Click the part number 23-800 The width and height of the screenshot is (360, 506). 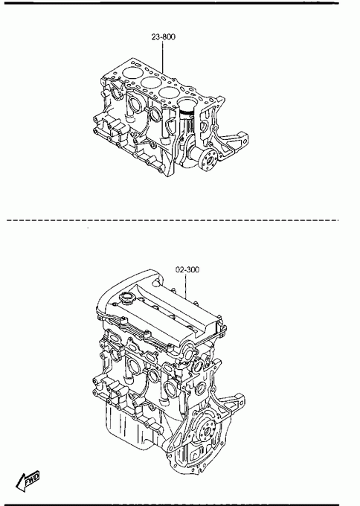164,37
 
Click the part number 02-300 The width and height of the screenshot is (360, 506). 187,269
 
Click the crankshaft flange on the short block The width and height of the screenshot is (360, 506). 207,161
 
